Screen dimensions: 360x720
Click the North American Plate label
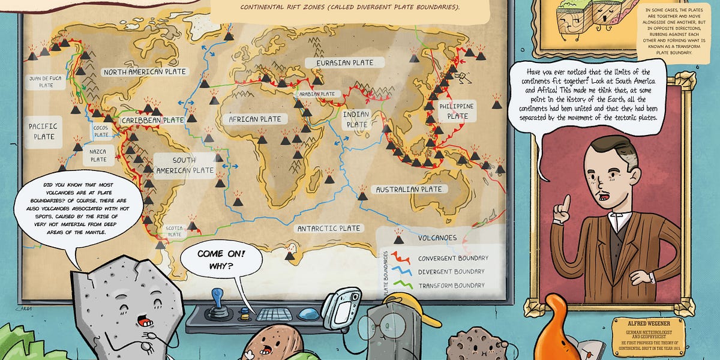pos(145,72)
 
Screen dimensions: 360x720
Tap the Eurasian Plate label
pos(339,62)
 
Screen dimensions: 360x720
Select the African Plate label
pos(254,119)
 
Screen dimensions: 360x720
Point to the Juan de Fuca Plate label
pos(46,82)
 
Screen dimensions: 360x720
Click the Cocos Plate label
pos(101,130)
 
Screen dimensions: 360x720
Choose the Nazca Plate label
pos(98,155)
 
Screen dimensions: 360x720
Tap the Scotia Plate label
pos(174,231)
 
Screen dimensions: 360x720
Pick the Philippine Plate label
pos(457,111)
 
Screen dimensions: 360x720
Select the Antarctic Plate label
pos(329,228)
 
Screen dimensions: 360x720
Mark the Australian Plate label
pos(409,190)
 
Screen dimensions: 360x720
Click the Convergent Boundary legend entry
pos(452,259)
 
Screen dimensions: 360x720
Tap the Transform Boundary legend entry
pos(451,285)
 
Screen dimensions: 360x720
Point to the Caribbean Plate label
pos(152,121)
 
